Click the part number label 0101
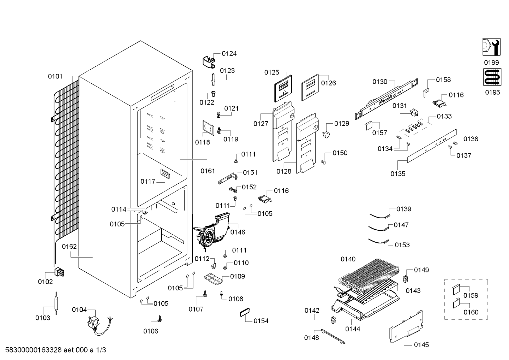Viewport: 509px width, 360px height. click(x=55, y=76)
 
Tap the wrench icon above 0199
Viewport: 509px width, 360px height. click(x=491, y=47)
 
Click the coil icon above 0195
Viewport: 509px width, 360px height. click(x=492, y=77)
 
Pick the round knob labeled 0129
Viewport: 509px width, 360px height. click(x=326, y=135)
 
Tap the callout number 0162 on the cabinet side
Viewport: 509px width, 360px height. click(x=69, y=246)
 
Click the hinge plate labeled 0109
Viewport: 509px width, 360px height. click(x=213, y=279)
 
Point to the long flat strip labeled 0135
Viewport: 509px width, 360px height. click(x=432, y=146)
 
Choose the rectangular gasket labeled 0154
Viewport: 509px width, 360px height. click(x=245, y=312)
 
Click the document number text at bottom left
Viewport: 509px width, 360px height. click(x=55, y=350)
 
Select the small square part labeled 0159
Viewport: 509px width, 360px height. click(x=456, y=289)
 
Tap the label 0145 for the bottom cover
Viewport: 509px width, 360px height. click(x=421, y=345)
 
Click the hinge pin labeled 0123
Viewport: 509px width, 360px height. click(x=213, y=79)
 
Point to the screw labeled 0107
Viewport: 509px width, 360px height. click(x=205, y=294)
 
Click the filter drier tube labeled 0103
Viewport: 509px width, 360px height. click(x=56, y=303)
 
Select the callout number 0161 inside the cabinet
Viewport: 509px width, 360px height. click(x=208, y=171)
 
